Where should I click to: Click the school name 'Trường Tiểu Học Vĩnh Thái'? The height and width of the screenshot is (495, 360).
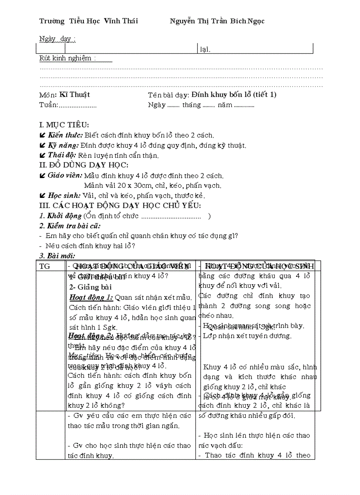pyautogui.click(x=88, y=21)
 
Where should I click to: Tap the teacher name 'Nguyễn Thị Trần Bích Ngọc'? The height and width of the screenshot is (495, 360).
pyautogui.click(x=217, y=21)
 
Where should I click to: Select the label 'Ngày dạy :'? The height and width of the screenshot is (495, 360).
pyautogui.click(x=57, y=39)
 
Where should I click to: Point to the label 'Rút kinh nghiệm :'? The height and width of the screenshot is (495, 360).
pyautogui.click(x=67, y=58)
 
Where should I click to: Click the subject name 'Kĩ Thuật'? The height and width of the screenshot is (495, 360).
pyautogui.click(x=75, y=94)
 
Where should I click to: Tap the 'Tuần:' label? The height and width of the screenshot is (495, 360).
pyautogui.click(x=49, y=105)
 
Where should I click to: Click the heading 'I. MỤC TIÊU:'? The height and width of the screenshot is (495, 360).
pyautogui.click(x=64, y=126)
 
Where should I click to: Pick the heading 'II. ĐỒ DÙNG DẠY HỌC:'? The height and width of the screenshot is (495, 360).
pyautogui.click(x=84, y=165)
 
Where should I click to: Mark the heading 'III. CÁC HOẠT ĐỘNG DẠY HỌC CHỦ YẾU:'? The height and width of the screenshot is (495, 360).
pyautogui.click(x=120, y=205)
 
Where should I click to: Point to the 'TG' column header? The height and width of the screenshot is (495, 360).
pyautogui.click(x=45, y=266)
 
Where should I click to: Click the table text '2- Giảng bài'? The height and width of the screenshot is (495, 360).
pyautogui.click(x=90, y=287)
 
